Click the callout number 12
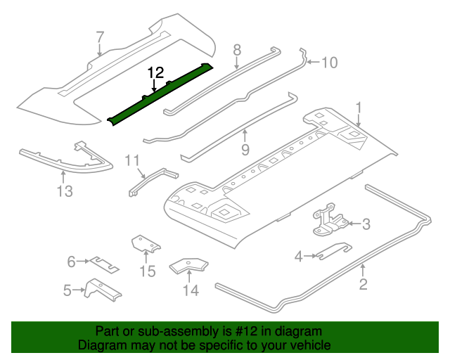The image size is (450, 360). pyautogui.click(x=155, y=72)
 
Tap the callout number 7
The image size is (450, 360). pyautogui.click(x=100, y=37)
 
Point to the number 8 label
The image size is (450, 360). pyautogui.click(x=237, y=49)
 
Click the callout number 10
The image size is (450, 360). pyautogui.click(x=329, y=63)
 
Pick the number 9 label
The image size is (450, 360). pyautogui.click(x=245, y=149)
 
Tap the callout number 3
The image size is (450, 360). pyautogui.click(x=366, y=224)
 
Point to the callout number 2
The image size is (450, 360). pyautogui.click(x=364, y=284)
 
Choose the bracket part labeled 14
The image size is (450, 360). pyautogui.click(x=189, y=266)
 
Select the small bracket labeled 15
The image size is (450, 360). pyautogui.click(x=143, y=245)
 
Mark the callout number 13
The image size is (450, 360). pyautogui.click(x=65, y=191)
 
